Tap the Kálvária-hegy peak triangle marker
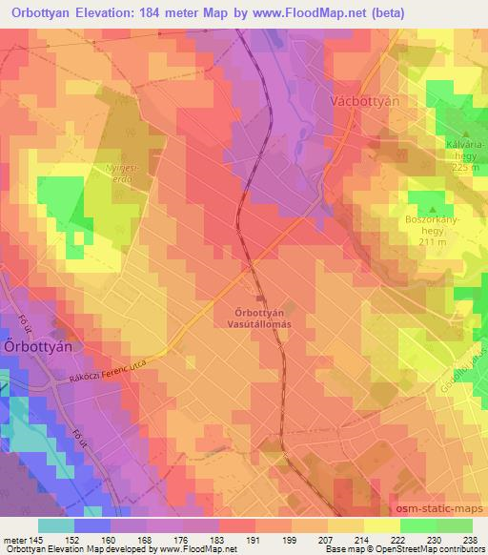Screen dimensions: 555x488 465,134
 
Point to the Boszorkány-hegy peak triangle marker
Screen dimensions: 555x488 433,209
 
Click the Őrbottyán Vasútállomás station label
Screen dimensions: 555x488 276,318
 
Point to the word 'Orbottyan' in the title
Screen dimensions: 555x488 48,13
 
